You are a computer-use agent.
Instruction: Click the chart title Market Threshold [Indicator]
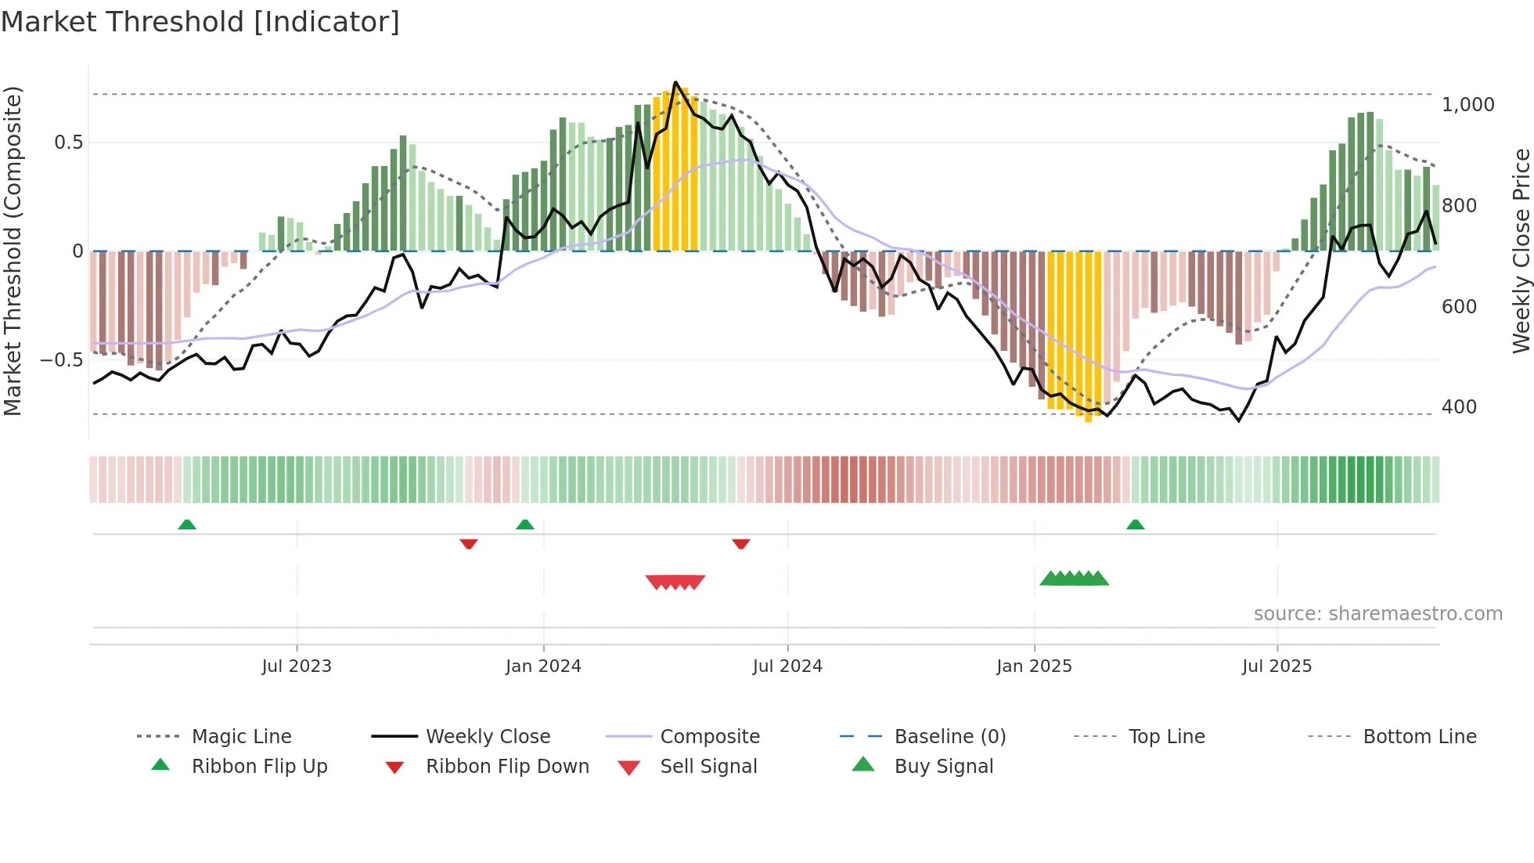pyautogui.click(x=200, y=22)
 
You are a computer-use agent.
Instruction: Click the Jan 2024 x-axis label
pyautogui.click(x=543, y=666)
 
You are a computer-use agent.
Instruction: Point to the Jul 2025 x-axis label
pyautogui.click(x=1277, y=666)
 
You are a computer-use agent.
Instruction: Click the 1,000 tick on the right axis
pyautogui.click(x=1467, y=104)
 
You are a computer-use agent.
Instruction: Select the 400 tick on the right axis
pyautogui.click(x=1459, y=406)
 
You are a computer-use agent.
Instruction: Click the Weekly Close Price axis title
pyautogui.click(x=1521, y=251)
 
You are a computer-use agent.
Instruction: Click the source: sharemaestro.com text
pyautogui.click(x=1377, y=613)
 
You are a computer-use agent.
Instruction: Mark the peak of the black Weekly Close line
pyautogui.click(x=675, y=82)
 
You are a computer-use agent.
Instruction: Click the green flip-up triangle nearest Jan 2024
pyautogui.click(x=525, y=525)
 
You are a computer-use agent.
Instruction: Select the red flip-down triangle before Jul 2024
pyautogui.click(x=741, y=543)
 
